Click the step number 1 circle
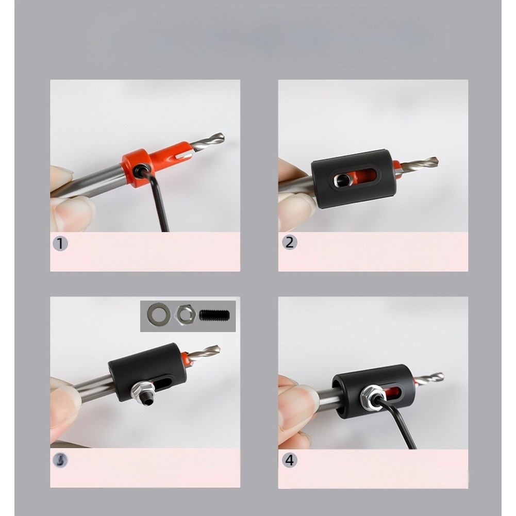coord(60,243)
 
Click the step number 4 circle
coord(289,460)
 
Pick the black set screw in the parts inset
coord(214,314)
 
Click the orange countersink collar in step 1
coord(155,160)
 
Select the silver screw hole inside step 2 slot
coord(341,180)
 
